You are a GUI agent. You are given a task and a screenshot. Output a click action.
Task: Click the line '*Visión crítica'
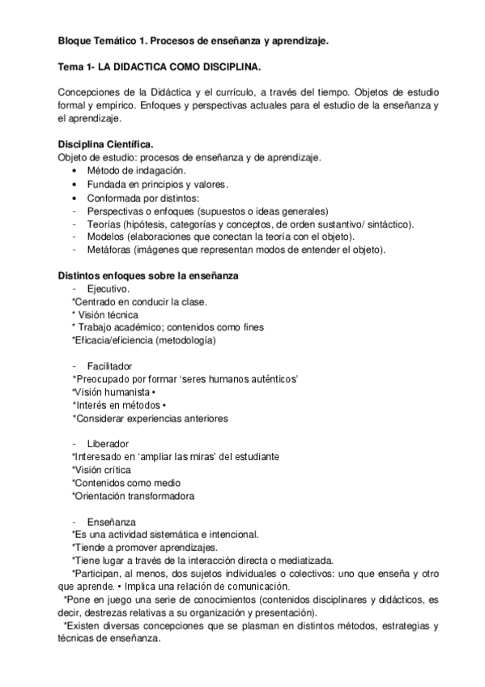pos(101,470)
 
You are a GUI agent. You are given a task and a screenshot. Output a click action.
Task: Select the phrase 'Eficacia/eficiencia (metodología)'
pos(146,341)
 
